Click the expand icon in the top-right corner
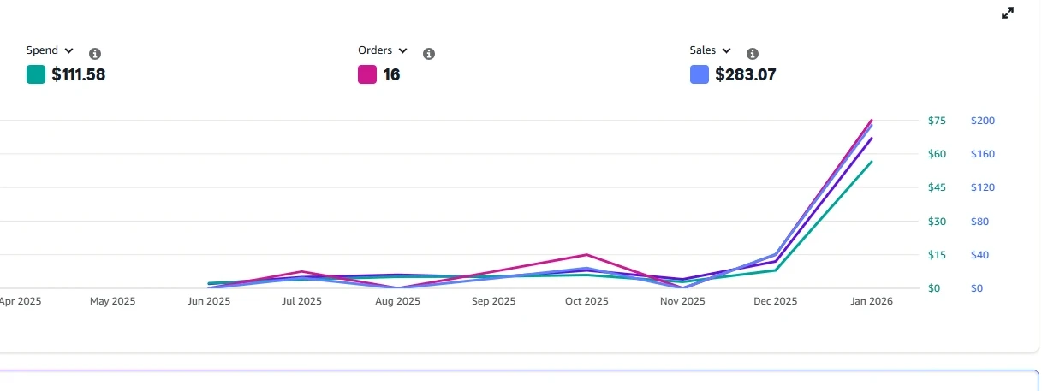click(1008, 13)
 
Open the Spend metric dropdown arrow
click(69, 51)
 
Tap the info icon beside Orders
click(429, 54)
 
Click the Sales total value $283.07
click(746, 74)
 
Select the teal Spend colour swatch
click(36, 74)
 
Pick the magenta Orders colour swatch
click(367, 74)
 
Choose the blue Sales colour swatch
click(699, 74)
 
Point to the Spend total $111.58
click(78, 74)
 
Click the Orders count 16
click(391, 74)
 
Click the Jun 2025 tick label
click(209, 301)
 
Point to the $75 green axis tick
click(937, 121)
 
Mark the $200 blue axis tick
click(982, 121)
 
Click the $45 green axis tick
click(937, 187)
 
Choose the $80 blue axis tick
click(979, 222)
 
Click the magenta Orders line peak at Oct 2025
click(587, 255)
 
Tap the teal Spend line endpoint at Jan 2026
click(872, 162)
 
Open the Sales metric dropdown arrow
click(726, 51)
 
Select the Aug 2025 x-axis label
click(398, 301)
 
